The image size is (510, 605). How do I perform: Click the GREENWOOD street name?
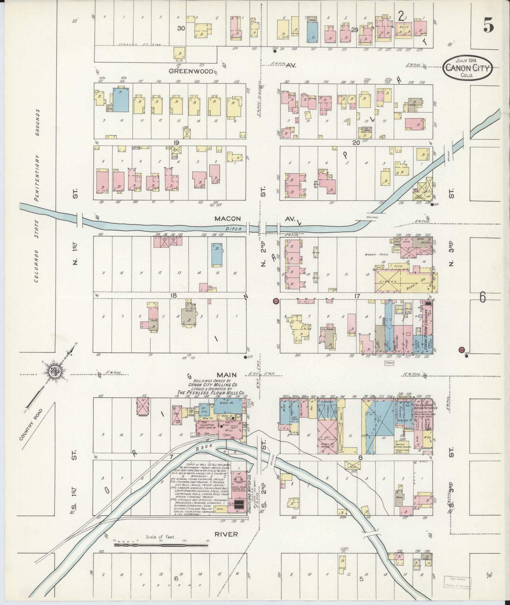[191, 71]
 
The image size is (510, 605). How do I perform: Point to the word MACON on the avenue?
[228, 219]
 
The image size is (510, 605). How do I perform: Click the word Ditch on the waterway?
[234, 229]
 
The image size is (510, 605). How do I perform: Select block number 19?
[176, 142]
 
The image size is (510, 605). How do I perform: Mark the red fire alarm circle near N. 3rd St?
[461, 350]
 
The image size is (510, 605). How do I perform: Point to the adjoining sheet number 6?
[482, 297]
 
